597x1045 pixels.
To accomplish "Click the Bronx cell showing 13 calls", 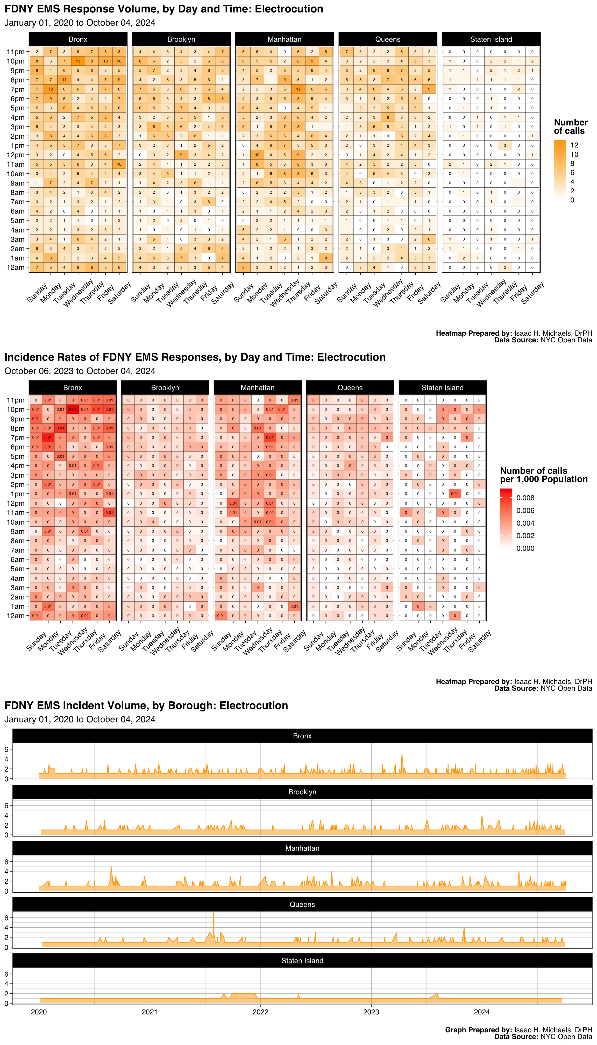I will (x=78, y=61).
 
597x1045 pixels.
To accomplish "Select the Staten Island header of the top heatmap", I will (x=491, y=39).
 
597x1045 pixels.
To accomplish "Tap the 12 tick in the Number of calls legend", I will (x=574, y=145).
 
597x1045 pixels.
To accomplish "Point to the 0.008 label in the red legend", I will (x=525, y=498).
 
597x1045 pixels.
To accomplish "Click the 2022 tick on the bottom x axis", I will (x=260, y=1012).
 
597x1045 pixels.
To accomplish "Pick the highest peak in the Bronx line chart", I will (x=402, y=755).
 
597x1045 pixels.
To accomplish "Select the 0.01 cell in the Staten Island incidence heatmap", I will (x=455, y=494).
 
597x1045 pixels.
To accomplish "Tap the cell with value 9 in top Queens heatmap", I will (x=429, y=89).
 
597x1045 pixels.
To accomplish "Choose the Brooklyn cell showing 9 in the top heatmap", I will (x=181, y=155).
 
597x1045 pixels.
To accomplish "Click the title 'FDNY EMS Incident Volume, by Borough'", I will (x=146, y=705).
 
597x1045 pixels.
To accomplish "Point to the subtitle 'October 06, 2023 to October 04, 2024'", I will (x=80, y=371).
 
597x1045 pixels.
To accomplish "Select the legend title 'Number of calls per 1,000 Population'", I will (x=543, y=475).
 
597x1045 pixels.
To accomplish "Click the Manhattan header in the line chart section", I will (x=302, y=848).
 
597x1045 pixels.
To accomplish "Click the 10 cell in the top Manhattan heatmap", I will (x=257, y=155).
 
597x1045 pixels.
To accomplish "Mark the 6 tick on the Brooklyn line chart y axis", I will (x=6, y=806).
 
